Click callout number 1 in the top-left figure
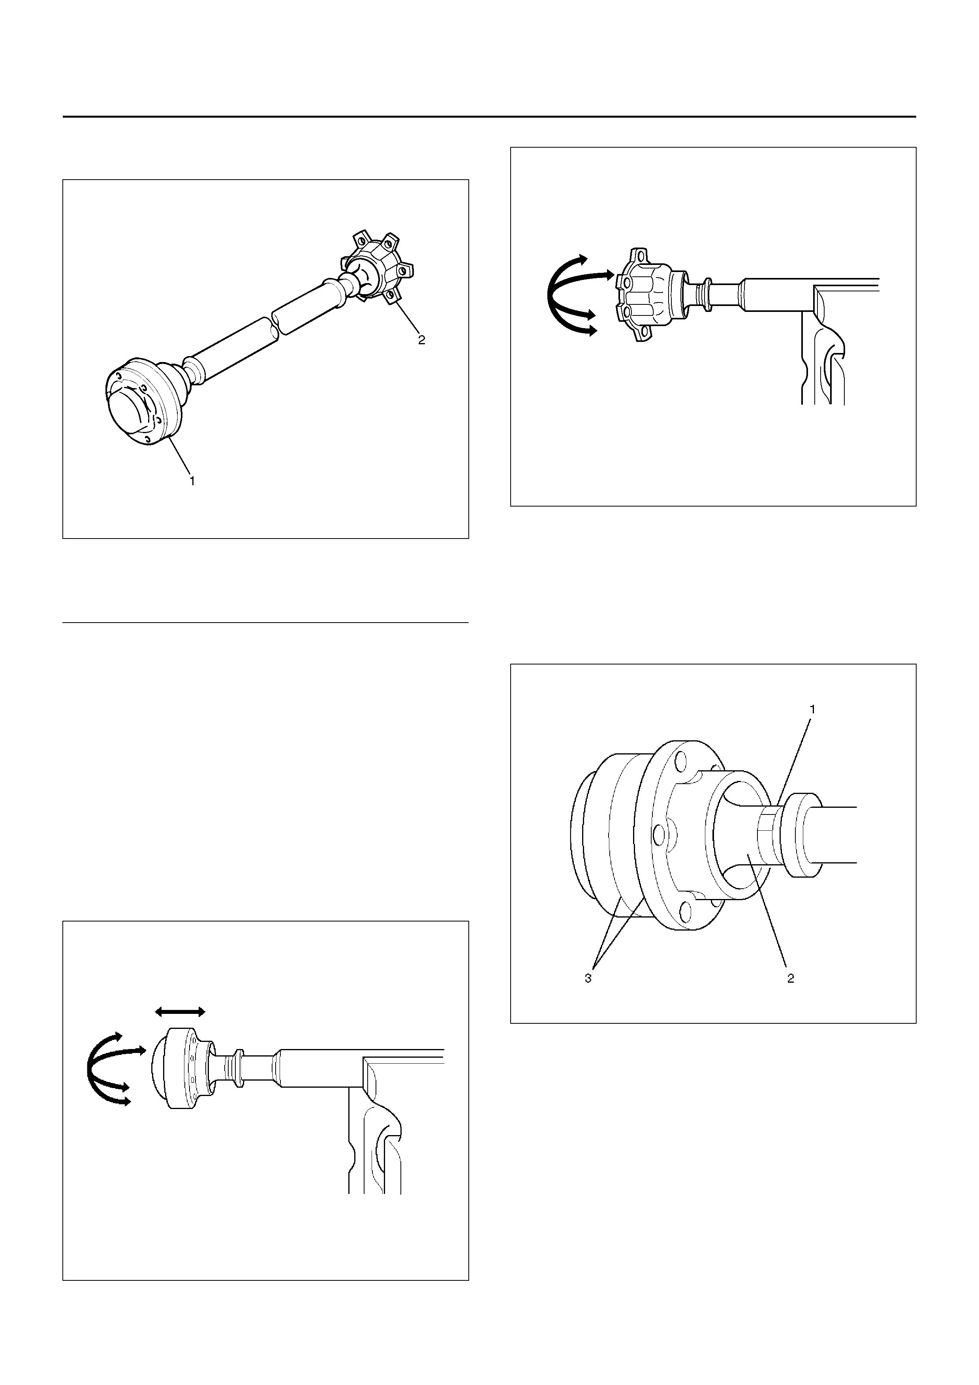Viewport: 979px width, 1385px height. pyautogui.click(x=192, y=481)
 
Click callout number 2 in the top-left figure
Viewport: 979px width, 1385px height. pyautogui.click(x=422, y=340)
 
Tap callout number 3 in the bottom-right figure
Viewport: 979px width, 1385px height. pyautogui.click(x=588, y=978)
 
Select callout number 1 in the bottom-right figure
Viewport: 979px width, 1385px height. pyautogui.click(x=812, y=710)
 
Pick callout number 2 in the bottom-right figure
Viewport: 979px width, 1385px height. pyautogui.click(x=790, y=978)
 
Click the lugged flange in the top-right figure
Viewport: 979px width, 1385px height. pyautogui.click(x=645, y=295)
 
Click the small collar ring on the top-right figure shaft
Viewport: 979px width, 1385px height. pyautogui.click(x=702, y=295)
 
